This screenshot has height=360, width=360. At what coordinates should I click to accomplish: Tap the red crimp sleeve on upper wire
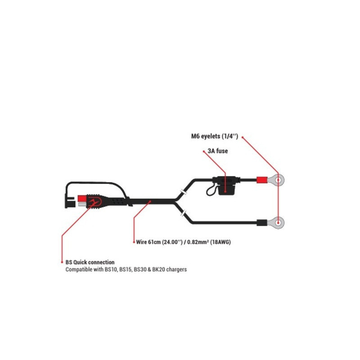tap(262, 180)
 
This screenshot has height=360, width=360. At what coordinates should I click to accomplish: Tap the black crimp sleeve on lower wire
tap(262, 222)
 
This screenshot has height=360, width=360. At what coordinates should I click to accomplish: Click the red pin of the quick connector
tap(82, 198)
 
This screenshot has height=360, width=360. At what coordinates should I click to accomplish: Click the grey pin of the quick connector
tap(82, 204)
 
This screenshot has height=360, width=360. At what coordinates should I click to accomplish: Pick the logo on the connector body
tap(95, 202)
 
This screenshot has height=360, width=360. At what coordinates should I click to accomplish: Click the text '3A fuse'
tap(218, 151)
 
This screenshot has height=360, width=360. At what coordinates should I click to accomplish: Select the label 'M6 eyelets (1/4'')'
tap(215, 136)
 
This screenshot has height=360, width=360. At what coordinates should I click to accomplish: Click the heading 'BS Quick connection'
tap(90, 262)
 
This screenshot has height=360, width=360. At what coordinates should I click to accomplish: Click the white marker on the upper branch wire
tap(184, 192)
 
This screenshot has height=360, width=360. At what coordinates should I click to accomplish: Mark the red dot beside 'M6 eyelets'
tap(243, 138)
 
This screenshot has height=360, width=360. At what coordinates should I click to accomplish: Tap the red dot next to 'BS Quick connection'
tap(62, 262)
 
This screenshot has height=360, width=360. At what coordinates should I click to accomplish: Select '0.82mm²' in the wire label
tap(195, 242)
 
